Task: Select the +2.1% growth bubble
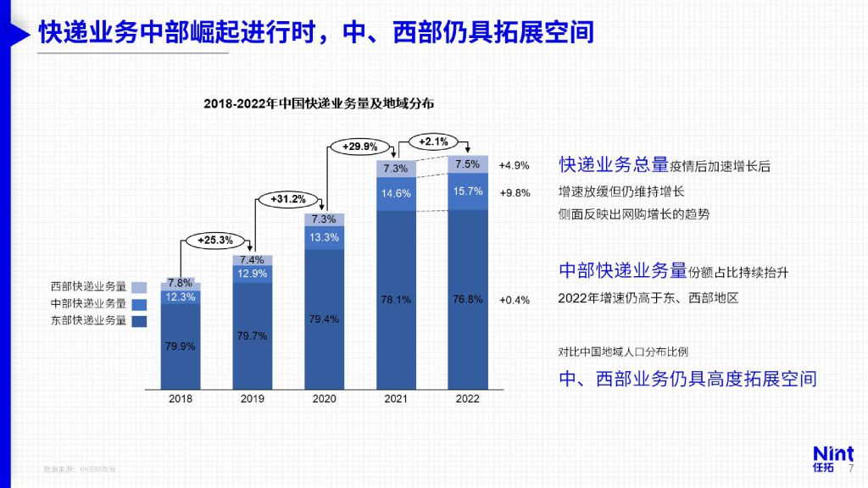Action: coord(434,141)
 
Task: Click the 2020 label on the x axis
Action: coord(324,398)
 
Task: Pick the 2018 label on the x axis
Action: coord(181,398)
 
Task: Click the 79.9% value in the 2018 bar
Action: coord(181,347)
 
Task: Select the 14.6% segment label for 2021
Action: coord(396,193)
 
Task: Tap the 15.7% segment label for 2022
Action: coord(468,191)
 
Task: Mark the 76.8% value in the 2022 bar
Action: coord(468,299)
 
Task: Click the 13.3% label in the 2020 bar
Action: coord(324,237)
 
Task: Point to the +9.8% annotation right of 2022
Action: coord(514,192)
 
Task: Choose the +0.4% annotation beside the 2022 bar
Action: coord(514,300)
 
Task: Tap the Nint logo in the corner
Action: coord(832,458)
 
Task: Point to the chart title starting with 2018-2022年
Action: coord(319,103)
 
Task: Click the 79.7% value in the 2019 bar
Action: coord(253,335)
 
